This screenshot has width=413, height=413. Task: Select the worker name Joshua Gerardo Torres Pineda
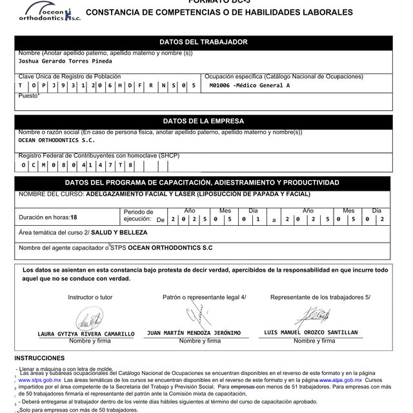[65, 61]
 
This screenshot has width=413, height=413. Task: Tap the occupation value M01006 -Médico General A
[250, 85]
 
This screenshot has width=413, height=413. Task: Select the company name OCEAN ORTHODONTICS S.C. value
[57, 139]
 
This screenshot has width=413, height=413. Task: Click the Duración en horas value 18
[74, 217]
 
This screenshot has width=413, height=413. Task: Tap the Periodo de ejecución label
[138, 216]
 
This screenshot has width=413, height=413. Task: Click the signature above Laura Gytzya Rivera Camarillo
[86, 319]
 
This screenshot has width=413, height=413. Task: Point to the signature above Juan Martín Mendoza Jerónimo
[196, 316]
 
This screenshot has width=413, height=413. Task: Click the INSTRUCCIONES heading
[39, 358]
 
